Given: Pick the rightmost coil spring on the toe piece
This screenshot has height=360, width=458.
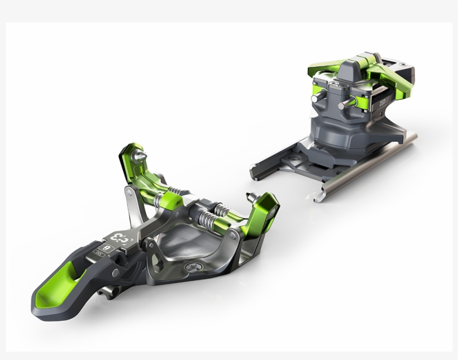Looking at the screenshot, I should click(x=222, y=210).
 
